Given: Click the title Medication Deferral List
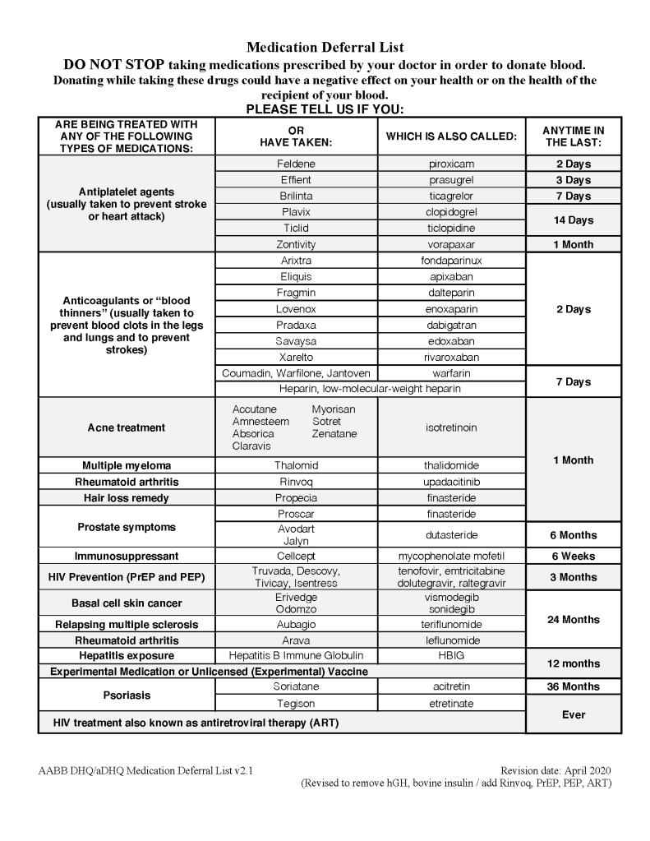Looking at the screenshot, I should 325,48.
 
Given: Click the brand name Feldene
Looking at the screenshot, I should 296,164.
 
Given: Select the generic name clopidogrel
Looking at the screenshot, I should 451,212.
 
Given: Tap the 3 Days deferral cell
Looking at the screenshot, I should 573,180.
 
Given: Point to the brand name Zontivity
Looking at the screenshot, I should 296,244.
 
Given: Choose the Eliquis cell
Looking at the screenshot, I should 296,277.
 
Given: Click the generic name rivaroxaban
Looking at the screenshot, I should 451,358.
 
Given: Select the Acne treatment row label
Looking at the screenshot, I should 126,427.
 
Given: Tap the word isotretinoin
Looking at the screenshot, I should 451,427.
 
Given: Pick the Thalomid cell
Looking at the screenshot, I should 296,465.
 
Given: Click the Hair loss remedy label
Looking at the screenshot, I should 126,498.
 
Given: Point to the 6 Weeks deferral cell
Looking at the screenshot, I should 573,557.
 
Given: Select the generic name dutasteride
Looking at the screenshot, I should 451,535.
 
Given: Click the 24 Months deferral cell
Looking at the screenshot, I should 573,620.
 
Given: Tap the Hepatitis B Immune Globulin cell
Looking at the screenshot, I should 296,656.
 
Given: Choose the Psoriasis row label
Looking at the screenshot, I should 126,695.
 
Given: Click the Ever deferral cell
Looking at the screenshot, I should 573,715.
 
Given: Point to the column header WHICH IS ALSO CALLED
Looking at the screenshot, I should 451,136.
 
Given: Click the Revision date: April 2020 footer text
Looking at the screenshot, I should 555,770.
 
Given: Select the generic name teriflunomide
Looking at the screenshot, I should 451,625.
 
